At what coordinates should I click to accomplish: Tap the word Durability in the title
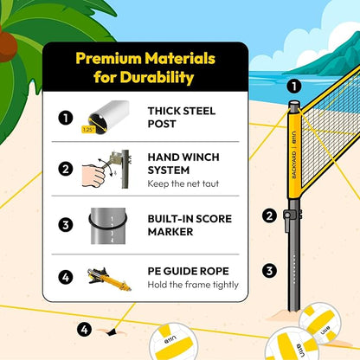161,78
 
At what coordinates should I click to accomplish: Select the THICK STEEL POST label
181,116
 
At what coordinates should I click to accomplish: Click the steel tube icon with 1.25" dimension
106,117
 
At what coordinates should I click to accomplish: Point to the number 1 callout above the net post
292,86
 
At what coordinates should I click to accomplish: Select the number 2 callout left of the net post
269,216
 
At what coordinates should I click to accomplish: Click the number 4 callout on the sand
84,329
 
